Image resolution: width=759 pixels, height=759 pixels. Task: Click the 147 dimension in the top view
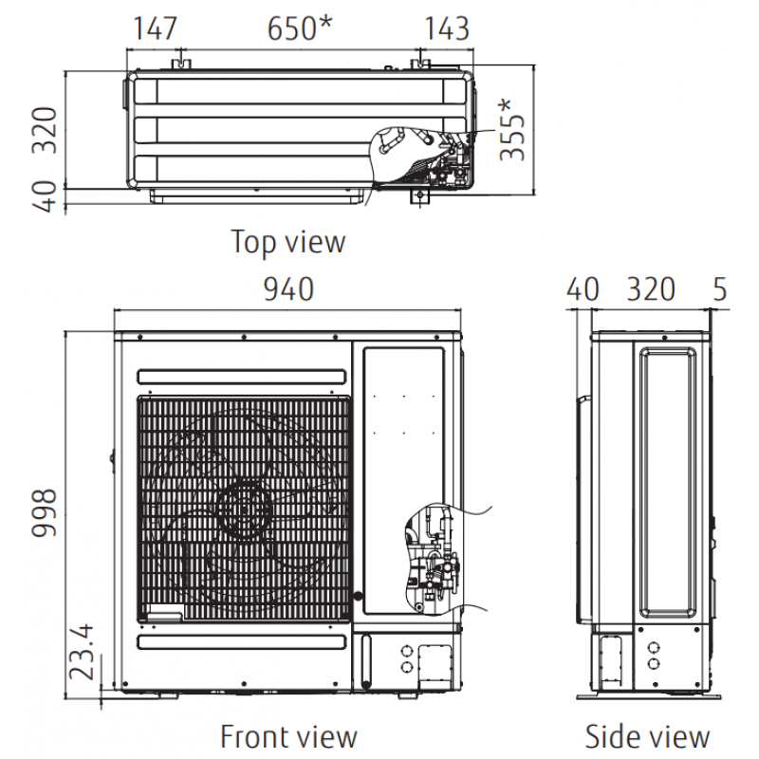pos(155,28)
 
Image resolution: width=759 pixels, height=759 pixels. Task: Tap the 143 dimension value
pos(447,28)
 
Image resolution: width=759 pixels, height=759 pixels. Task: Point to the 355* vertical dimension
pos(511,130)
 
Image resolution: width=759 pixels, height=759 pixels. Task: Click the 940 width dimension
pos(288,289)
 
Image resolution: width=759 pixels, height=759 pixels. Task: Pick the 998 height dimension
pos(44,512)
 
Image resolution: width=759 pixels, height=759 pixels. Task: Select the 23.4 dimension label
pos(81,651)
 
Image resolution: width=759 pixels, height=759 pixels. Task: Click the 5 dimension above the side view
pos(720,289)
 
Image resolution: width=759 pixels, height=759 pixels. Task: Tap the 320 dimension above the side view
pos(651,289)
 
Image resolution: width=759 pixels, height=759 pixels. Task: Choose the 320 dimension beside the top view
pos(44,130)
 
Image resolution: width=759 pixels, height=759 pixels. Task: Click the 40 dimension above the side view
pos(583,289)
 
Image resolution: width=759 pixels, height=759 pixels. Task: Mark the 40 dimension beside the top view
pos(44,196)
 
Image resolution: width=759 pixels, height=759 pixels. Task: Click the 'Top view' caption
pos(288,242)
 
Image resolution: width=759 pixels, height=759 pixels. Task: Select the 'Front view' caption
pos(288,737)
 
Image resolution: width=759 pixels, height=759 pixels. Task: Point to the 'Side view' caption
pos(647,737)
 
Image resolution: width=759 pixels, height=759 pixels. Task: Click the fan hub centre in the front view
pos(244,509)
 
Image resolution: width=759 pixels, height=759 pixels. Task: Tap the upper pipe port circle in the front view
pos(407,650)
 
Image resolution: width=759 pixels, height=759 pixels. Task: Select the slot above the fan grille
pos(242,377)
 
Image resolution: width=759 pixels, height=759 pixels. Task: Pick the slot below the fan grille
pos(242,642)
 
